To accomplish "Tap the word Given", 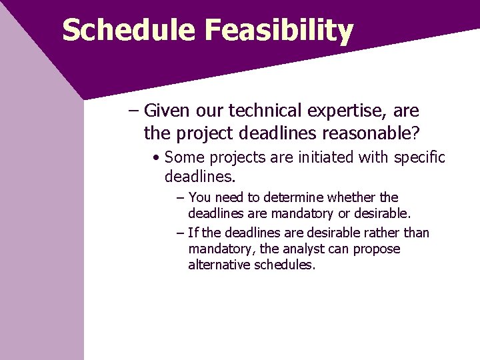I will tap(167, 111).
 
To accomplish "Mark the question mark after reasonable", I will tap(416, 133).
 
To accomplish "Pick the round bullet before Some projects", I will tap(155, 158).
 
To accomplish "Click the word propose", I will tap(379, 249).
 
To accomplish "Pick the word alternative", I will tap(219, 265).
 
